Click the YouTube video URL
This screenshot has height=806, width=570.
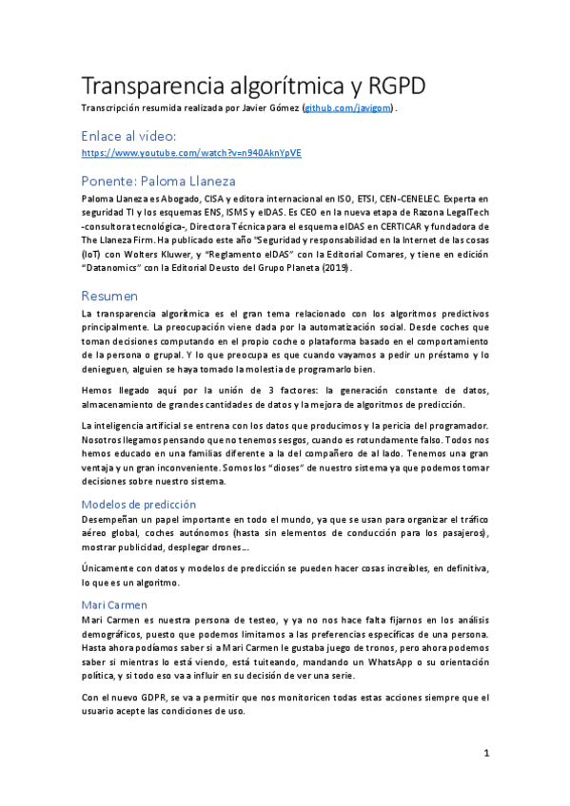coord(191,152)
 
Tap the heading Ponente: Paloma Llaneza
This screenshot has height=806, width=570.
coord(159,181)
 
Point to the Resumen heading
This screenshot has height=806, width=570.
coord(109,296)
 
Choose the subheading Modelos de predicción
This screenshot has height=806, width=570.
coord(138,504)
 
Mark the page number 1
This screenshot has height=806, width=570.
coord(485,753)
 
